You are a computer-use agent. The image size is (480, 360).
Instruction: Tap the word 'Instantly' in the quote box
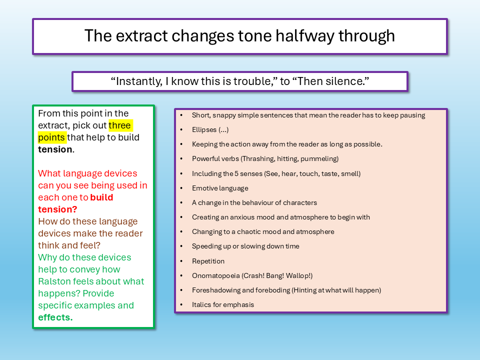click(x=138, y=81)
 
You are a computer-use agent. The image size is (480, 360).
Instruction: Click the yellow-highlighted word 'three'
click(x=119, y=125)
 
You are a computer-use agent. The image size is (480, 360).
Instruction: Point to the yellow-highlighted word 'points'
click(x=51, y=137)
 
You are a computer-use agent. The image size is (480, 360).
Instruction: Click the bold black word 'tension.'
click(x=56, y=149)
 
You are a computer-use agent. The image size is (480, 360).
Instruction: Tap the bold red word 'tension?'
click(x=57, y=209)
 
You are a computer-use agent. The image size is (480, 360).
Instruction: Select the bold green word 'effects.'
click(x=55, y=317)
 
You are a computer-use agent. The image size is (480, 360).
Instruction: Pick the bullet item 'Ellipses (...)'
click(x=210, y=130)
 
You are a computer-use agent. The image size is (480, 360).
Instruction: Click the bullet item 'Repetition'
click(x=208, y=261)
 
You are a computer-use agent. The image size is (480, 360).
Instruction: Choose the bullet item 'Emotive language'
click(x=220, y=188)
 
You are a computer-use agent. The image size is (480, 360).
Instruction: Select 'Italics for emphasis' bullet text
click(x=223, y=304)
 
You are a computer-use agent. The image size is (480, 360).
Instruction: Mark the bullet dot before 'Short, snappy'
click(x=181, y=115)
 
